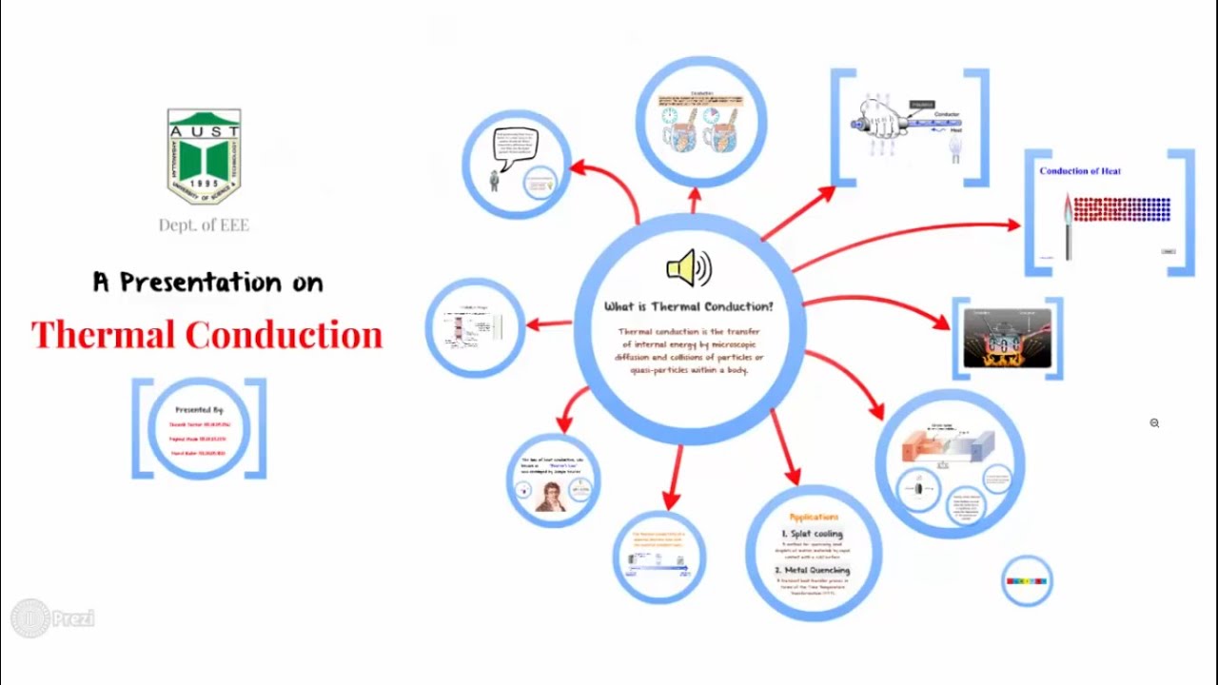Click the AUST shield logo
point(204,156)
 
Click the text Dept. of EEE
point(204,225)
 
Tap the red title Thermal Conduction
point(206,335)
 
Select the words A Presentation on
point(207,283)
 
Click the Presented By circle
point(199,429)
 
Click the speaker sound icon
point(689,269)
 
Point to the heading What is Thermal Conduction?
point(689,306)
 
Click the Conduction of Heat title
point(1079,171)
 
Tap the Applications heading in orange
point(814,517)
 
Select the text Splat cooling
point(813,534)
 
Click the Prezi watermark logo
point(53,618)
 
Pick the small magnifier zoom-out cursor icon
point(1154,423)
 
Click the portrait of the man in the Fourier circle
point(550,496)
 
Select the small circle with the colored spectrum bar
point(1027,580)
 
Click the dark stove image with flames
point(1007,339)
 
